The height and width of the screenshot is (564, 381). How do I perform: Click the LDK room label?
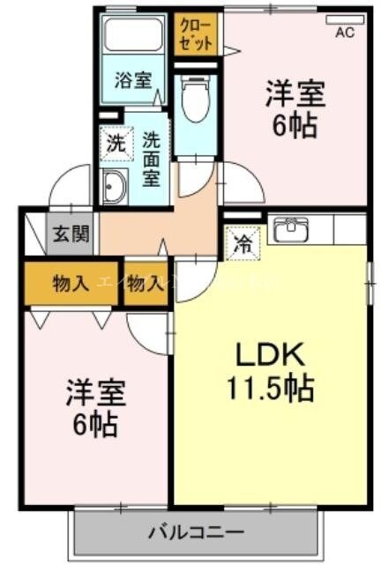tap(270, 356)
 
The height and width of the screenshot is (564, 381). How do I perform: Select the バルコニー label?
tap(195, 531)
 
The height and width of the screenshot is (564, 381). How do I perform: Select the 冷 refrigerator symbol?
tap(240, 243)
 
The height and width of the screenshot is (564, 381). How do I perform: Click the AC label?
tap(346, 34)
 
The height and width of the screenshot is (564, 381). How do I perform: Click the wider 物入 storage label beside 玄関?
tap(70, 283)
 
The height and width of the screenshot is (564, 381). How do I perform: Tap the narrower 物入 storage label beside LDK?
tap(145, 283)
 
